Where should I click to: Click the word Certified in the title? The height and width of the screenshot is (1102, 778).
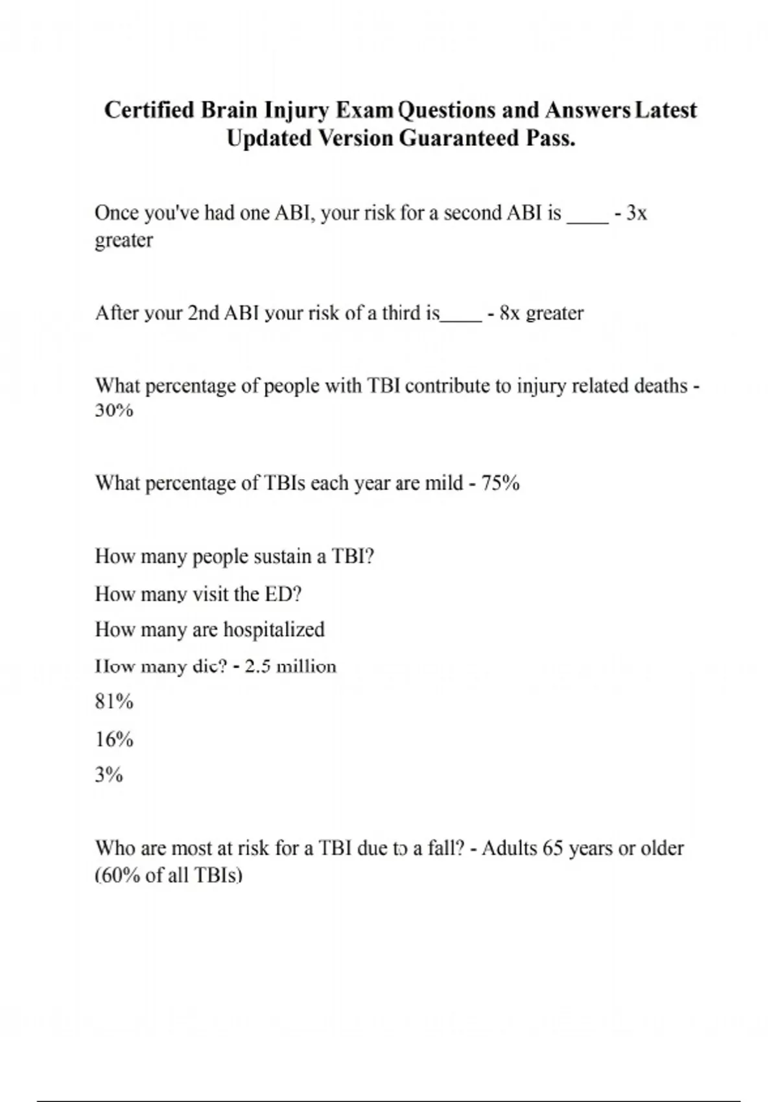tap(149, 110)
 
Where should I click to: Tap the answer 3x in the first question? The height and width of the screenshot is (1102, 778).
tap(637, 213)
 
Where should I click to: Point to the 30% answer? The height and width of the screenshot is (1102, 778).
tap(114, 411)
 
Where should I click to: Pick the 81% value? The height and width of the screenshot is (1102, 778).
tap(114, 702)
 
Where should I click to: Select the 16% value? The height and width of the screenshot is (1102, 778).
tap(114, 739)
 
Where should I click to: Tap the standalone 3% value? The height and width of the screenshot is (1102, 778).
tap(109, 775)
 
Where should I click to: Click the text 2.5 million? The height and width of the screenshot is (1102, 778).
tap(290, 667)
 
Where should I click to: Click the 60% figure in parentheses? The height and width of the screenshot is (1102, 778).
tap(120, 876)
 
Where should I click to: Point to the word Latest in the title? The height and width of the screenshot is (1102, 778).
tap(666, 110)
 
